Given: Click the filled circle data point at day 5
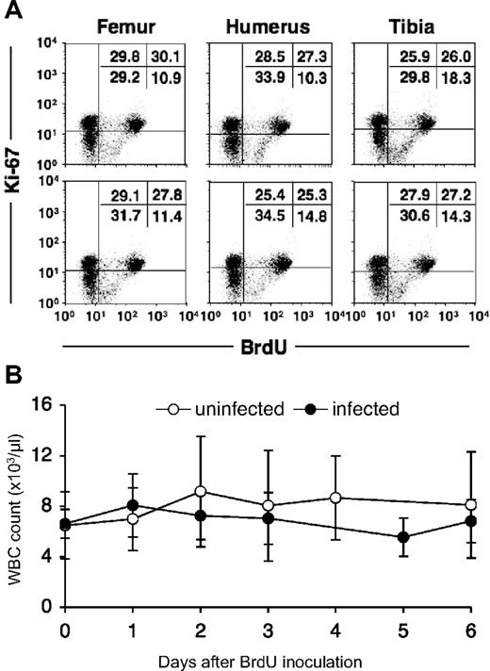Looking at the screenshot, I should [x=403, y=538].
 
